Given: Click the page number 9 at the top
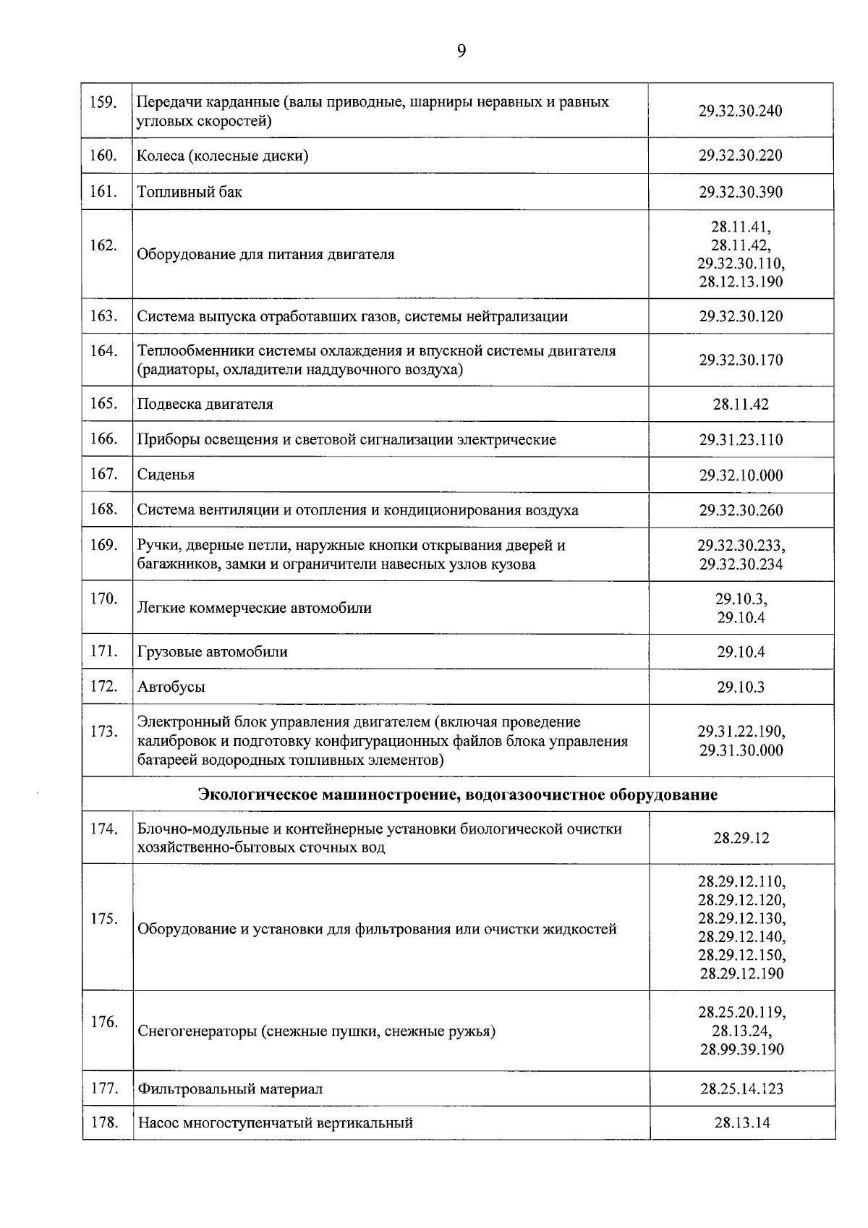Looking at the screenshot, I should (x=461, y=50).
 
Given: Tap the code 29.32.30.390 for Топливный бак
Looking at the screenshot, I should (x=741, y=192).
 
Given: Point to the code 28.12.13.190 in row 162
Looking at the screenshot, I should (x=741, y=282).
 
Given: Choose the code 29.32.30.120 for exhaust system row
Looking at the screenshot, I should (x=741, y=317).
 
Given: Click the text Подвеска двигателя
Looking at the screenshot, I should (x=205, y=405).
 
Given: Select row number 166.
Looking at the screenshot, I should (x=103, y=439).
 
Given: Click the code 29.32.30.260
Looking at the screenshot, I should (x=741, y=511).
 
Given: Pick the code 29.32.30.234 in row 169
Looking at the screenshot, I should (x=741, y=564).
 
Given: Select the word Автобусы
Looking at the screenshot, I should (x=171, y=687).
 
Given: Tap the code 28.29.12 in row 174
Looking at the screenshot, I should (x=741, y=839).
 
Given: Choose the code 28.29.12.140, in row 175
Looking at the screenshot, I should (x=741, y=937).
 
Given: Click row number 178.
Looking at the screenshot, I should (x=103, y=1123).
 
